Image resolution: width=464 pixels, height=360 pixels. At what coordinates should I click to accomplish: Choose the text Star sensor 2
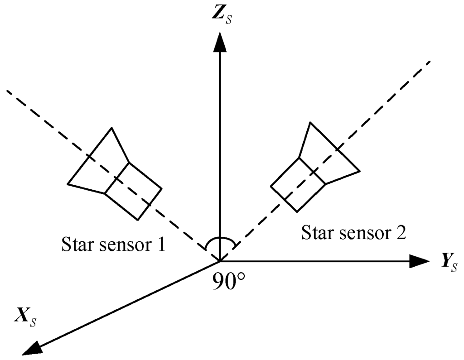point(354,234)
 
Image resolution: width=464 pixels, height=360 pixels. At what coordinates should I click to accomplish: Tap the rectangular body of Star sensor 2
point(298,184)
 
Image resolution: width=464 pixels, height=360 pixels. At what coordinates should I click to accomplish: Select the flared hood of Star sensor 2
point(329,151)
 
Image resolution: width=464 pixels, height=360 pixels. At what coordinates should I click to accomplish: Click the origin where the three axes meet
point(220,261)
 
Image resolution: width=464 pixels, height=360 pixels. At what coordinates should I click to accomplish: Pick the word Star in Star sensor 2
point(317,234)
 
